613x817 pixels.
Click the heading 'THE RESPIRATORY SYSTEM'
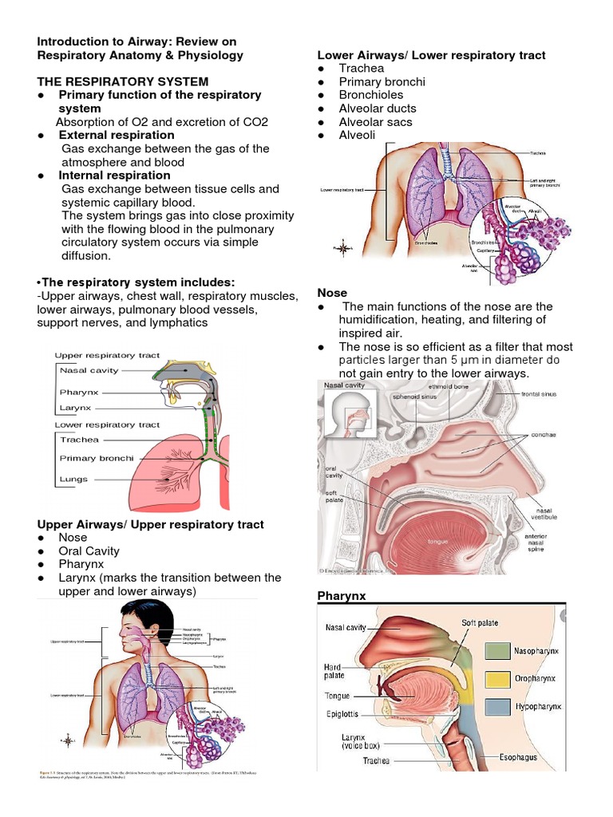[x=123, y=81]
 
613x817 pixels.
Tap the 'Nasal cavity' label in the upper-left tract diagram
[x=89, y=370]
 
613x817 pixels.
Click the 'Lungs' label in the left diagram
[x=73, y=480]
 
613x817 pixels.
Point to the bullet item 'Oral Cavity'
[x=89, y=551]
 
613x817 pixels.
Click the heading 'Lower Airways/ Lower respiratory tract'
[x=431, y=55]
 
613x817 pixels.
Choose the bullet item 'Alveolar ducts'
[x=378, y=109]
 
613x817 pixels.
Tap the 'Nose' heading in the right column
[x=332, y=293]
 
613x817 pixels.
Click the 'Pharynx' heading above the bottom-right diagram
[x=341, y=597]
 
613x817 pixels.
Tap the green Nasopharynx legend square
[x=496, y=650]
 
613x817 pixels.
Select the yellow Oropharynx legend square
[x=496, y=679]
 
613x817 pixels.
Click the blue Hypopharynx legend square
[x=496, y=706]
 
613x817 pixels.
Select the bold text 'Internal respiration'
[x=114, y=176]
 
